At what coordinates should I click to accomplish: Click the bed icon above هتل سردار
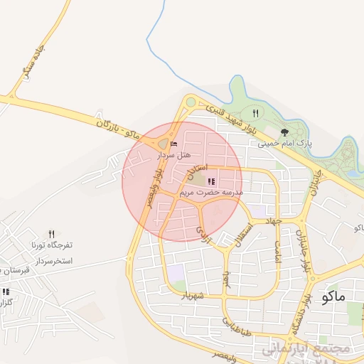pos(175,144)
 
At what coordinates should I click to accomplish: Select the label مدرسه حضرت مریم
pos(211,193)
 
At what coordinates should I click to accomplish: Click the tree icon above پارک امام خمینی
pos(285,132)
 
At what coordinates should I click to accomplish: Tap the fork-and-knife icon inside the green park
pos(255,114)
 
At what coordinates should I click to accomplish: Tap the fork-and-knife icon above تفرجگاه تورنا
pos(51,233)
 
